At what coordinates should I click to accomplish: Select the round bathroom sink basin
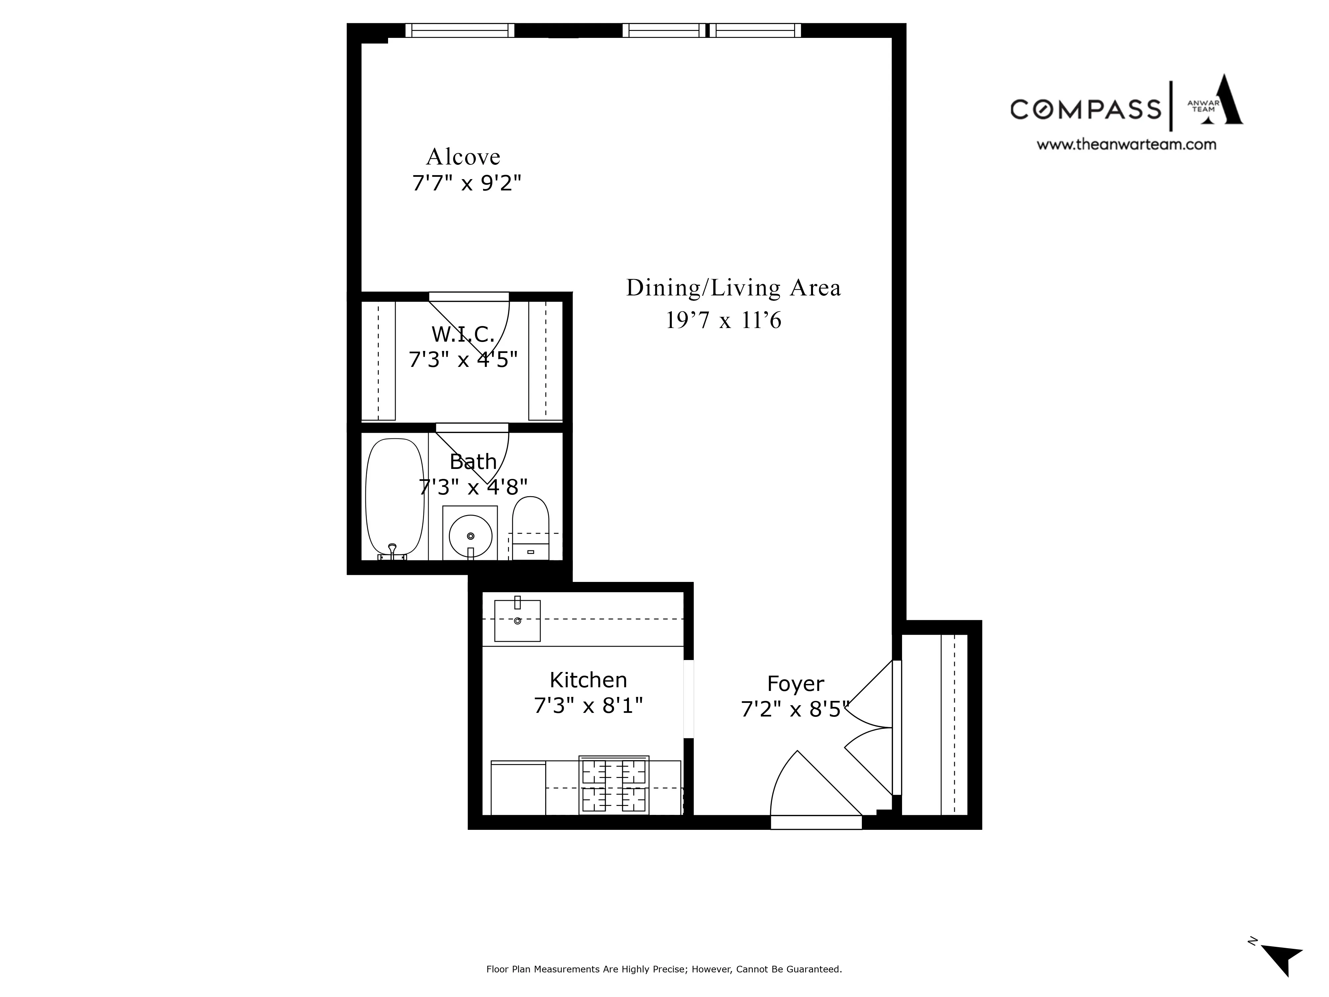click(x=470, y=535)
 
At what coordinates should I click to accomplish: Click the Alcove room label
click(x=463, y=157)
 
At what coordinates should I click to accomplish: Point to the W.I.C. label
click(x=462, y=334)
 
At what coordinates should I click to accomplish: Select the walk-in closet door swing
click(x=481, y=328)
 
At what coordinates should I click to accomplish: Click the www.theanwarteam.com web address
click(x=1127, y=144)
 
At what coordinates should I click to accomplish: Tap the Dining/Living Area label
click(x=733, y=288)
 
